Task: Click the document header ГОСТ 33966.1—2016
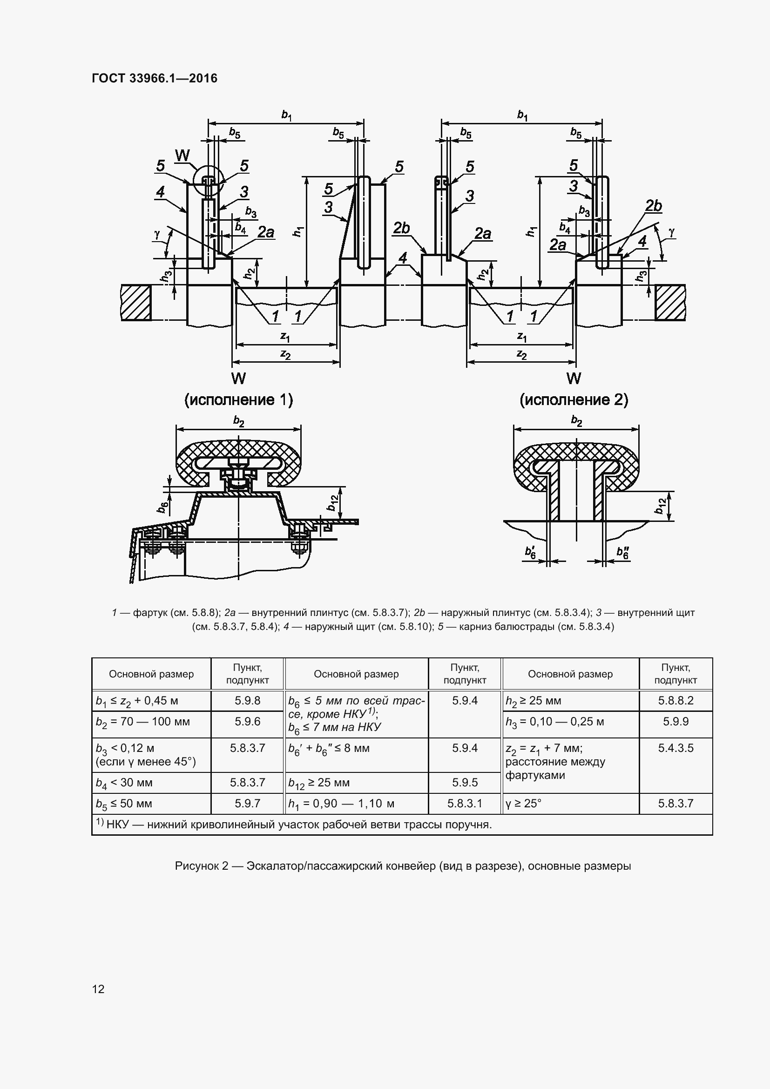click(x=155, y=78)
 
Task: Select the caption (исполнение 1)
click(x=238, y=400)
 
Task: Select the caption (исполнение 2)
click(x=574, y=400)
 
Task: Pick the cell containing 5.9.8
click(x=248, y=701)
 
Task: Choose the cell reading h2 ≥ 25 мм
click(x=570, y=701)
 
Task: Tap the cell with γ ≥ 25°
click(x=570, y=804)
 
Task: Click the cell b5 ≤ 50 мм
click(x=151, y=804)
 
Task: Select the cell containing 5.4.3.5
click(x=675, y=765)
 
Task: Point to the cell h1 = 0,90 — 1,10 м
click(x=356, y=804)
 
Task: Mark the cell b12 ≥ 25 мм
click(x=356, y=783)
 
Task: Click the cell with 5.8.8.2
click(x=675, y=701)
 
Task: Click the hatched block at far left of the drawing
click(x=136, y=303)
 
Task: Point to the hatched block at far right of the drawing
click(x=670, y=303)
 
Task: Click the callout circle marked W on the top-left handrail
click(x=207, y=181)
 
